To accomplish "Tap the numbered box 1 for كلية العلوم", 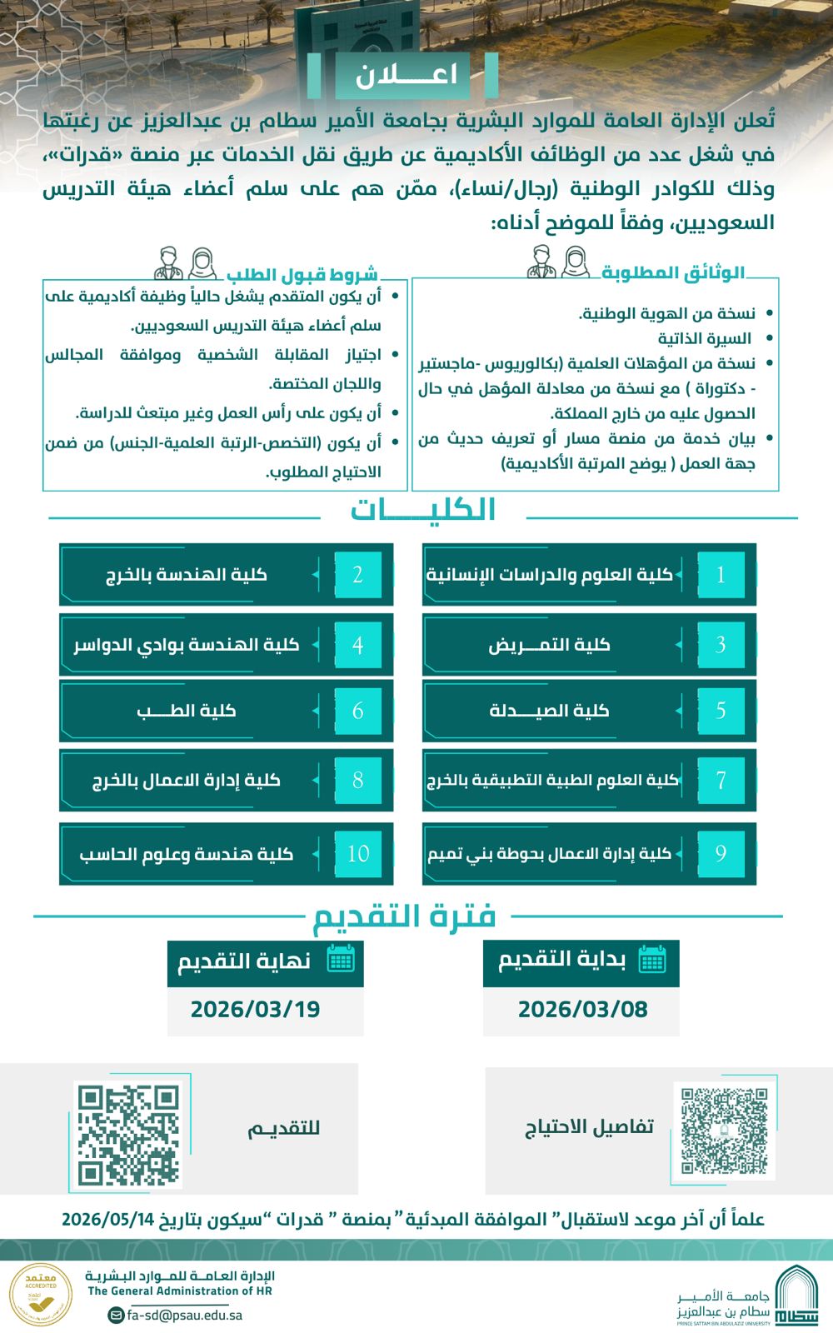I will tap(721, 575).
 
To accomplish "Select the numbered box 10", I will tap(358, 853).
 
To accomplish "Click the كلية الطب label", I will tap(187, 711).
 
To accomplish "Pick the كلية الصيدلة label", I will tap(550, 711).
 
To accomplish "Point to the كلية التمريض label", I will tap(550, 645).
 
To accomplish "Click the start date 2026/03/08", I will tap(582, 1009).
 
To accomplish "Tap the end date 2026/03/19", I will tap(255, 1009).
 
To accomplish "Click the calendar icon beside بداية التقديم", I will tap(652, 960).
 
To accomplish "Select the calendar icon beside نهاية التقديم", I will tap(341, 960).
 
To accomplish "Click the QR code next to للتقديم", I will tap(129, 1134).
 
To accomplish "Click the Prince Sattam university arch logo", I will tap(796, 1296).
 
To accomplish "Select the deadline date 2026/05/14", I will tap(108, 1220).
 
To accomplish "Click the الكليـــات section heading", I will tap(422, 509).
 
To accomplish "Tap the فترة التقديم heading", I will tap(404, 916).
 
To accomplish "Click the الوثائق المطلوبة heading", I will tap(673, 272).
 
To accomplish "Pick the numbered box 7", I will tap(721, 781).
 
